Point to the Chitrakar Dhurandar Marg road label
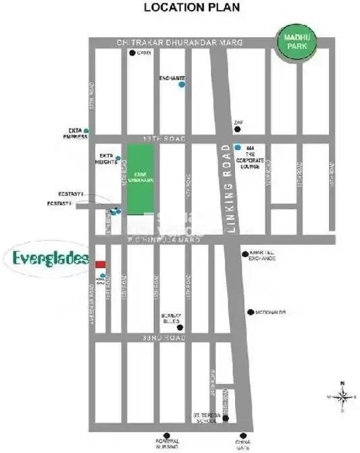(170, 43)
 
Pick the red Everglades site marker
(99, 264)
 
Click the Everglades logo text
(51, 258)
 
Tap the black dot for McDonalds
(251, 312)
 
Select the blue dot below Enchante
(181, 85)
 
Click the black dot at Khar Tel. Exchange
(246, 254)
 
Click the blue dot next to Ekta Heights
(118, 160)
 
